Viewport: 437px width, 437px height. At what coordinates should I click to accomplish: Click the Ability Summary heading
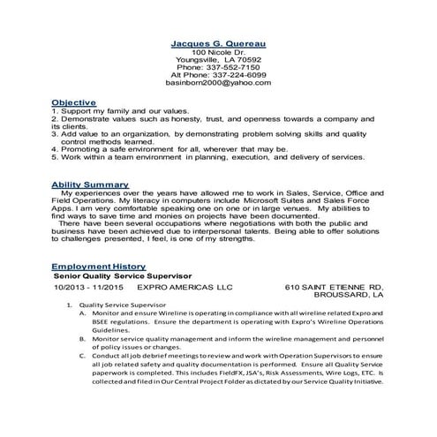click(90, 184)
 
